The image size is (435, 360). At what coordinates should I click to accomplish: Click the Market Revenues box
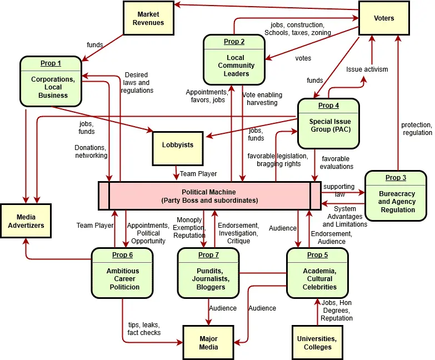148,18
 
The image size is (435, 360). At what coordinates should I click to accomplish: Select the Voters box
384,18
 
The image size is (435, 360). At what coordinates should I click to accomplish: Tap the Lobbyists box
178,145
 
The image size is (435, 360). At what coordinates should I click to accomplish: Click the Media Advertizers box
26,221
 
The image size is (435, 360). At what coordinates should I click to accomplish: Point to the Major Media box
208,342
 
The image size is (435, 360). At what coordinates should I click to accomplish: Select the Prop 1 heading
51,63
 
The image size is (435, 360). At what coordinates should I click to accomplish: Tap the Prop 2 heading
234,42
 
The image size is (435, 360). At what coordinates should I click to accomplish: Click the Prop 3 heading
396,178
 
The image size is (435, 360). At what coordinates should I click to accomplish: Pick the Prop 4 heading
329,106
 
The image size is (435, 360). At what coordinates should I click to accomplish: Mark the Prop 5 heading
317,255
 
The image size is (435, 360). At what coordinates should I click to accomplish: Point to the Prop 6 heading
122,255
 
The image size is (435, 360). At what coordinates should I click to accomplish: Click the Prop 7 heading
208,255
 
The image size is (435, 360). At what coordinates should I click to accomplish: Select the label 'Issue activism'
367,69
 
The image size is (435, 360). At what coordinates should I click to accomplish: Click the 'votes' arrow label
303,58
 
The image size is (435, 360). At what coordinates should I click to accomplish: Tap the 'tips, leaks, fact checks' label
144,328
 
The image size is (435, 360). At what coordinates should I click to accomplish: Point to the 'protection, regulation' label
416,128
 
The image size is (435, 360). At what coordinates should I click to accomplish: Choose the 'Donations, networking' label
91,152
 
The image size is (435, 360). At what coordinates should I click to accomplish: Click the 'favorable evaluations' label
337,162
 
